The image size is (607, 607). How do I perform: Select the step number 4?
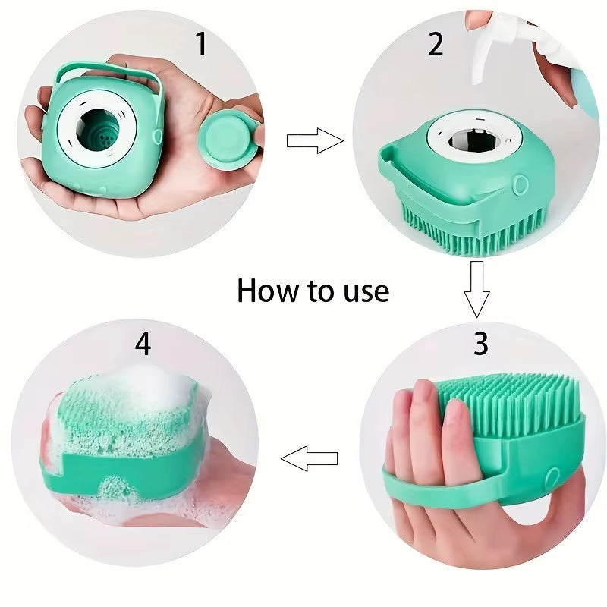[143, 344]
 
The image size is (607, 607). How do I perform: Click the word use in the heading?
[362, 291]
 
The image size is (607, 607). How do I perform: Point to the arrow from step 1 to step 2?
[314, 140]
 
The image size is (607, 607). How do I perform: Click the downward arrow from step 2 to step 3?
[476, 288]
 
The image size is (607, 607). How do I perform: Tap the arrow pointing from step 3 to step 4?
[310, 458]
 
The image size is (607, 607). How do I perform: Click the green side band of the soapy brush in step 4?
[129, 467]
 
